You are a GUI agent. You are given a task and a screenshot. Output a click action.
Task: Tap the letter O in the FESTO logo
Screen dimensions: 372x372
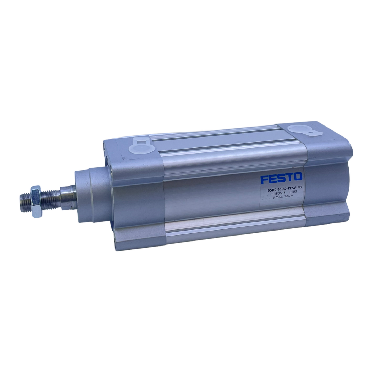coord(298,177)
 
